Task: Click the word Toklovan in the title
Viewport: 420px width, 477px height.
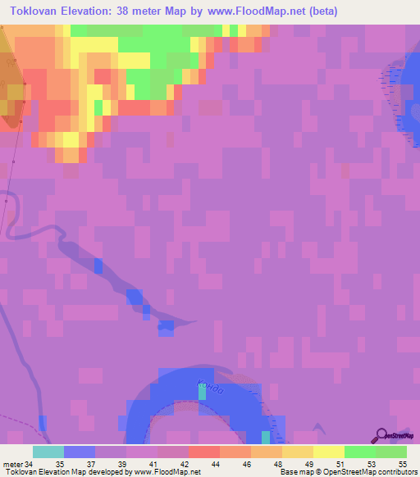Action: (34, 11)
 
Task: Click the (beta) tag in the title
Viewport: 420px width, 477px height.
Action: (318, 11)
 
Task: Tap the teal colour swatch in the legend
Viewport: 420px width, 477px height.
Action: (48, 452)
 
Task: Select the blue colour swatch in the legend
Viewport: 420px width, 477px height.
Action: (80, 452)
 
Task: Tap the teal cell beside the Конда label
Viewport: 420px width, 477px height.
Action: (203, 393)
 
